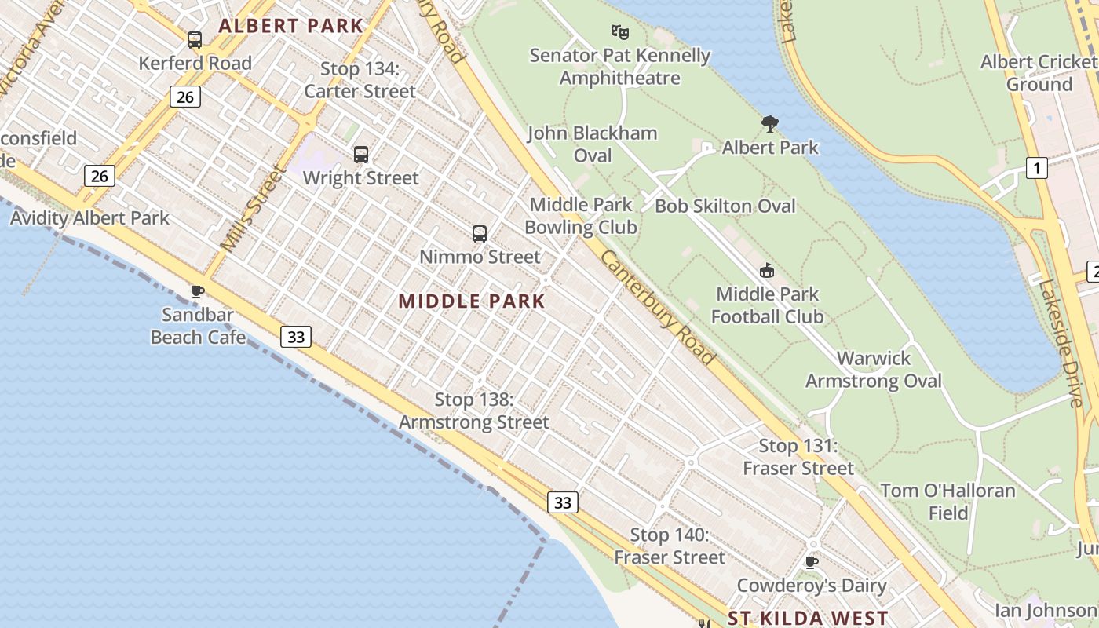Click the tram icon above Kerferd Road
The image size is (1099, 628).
click(x=194, y=40)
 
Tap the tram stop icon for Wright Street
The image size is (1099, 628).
click(x=361, y=155)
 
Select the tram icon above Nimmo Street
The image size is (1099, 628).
click(x=480, y=234)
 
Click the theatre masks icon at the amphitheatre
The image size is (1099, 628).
click(x=620, y=32)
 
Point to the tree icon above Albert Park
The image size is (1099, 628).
click(x=770, y=123)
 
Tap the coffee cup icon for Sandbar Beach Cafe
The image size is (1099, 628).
click(x=198, y=292)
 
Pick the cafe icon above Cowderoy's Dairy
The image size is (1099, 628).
click(x=812, y=562)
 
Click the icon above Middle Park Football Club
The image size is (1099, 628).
click(x=767, y=271)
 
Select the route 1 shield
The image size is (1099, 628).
click(x=1037, y=168)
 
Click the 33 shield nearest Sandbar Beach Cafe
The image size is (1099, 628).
click(x=296, y=337)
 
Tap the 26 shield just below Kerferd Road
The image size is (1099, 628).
click(x=184, y=97)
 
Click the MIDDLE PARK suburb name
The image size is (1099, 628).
click(x=471, y=301)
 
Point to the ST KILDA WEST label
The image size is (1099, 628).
click(x=808, y=618)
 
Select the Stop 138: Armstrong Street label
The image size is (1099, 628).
click(x=474, y=411)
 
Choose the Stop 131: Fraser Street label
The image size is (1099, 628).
click(x=798, y=457)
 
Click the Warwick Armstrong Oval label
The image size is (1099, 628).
click(x=873, y=370)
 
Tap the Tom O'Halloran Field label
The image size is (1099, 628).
click(x=947, y=502)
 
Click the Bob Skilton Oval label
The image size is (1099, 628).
click(x=725, y=206)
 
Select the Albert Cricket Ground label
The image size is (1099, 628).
click(x=1038, y=73)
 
